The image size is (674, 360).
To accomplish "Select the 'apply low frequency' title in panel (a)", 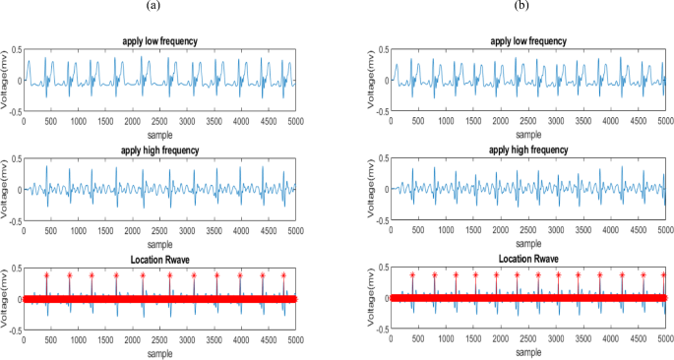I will (160, 40).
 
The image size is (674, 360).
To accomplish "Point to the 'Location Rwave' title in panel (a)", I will (160, 260).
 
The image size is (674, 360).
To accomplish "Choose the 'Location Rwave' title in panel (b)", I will (526, 259).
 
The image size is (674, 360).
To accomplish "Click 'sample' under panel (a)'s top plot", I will (160, 131).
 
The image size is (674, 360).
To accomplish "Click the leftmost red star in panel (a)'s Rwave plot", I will (46, 275).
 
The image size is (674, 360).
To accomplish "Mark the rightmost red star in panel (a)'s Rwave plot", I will (282, 275).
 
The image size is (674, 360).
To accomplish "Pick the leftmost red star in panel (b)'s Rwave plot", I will (412, 274).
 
